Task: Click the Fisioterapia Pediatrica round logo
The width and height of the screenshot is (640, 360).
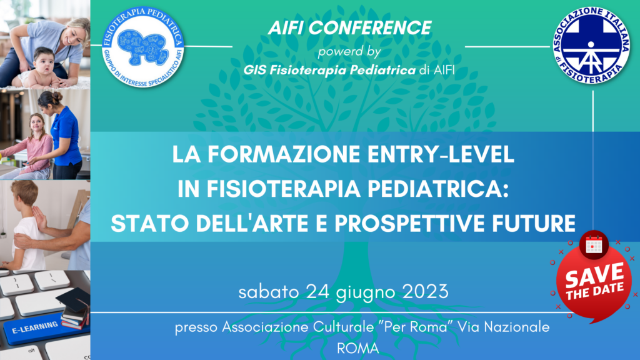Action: (143, 46)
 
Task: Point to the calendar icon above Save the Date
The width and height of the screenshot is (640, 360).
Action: (594, 244)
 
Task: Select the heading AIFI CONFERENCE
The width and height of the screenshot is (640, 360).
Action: (349, 27)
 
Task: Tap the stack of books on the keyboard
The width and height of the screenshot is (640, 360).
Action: (74, 309)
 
